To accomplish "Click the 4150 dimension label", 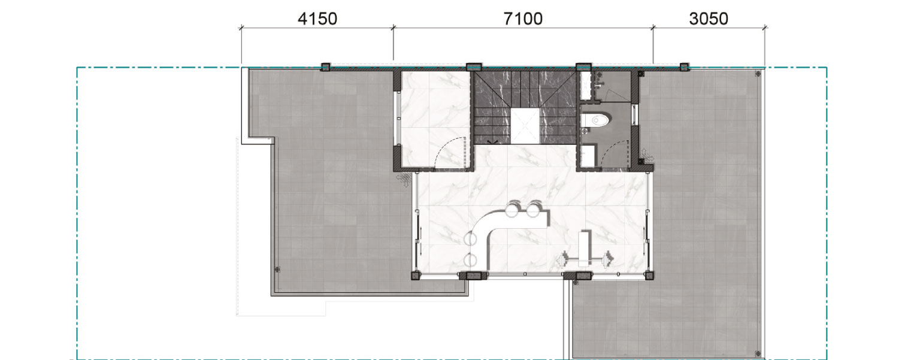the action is click(317, 19).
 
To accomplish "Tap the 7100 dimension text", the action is click(522, 19).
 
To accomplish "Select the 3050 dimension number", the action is click(709, 19).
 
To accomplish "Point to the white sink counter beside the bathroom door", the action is click(588, 156).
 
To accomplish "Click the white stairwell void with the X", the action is click(525, 126).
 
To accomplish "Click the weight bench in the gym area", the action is click(585, 248).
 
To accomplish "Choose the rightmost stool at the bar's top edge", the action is click(534, 210).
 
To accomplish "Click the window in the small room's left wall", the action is click(398, 119).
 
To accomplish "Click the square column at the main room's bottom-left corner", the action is click(416, 276).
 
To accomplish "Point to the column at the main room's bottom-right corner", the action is click(649, 276).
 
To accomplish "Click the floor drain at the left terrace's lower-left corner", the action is click(277, 270).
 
